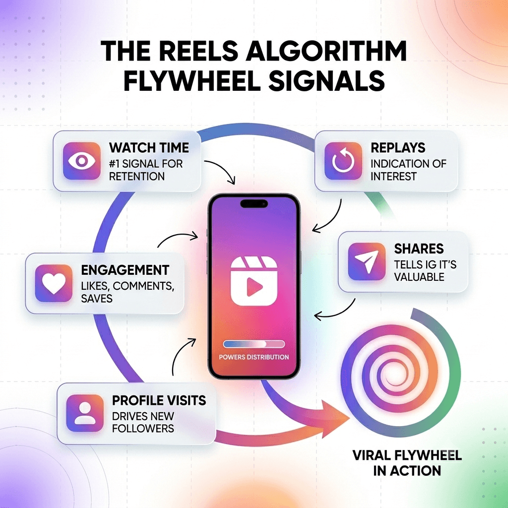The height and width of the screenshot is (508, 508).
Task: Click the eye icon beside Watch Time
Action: (82, 161)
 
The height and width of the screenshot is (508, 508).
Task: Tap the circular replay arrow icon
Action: (343, 161)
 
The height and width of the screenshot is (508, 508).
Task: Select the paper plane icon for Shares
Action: (367, 261)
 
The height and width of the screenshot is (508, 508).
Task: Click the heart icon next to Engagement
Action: (54, 283)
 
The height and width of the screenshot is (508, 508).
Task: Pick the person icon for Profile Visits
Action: (85, 413)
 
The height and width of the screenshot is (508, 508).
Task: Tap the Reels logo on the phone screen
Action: (254, 281)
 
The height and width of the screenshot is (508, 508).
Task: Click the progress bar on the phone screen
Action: (254, 344)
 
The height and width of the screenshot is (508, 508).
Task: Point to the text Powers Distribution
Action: (254, 357)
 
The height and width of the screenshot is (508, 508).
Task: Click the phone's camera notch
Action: (254, 203)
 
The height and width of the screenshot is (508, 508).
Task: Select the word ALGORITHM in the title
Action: (325, 51)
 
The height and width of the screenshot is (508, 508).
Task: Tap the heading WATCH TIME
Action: (149, 148)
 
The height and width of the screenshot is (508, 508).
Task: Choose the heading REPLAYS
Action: (398, 148)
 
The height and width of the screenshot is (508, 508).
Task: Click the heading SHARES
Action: (419, 249)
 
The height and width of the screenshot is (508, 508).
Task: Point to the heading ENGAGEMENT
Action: (125, 270)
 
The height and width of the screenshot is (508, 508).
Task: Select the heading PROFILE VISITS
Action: (159, 400)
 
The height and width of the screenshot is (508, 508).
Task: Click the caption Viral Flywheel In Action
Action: (407, 463)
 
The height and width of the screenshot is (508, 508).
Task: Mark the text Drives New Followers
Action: (143, 422)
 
